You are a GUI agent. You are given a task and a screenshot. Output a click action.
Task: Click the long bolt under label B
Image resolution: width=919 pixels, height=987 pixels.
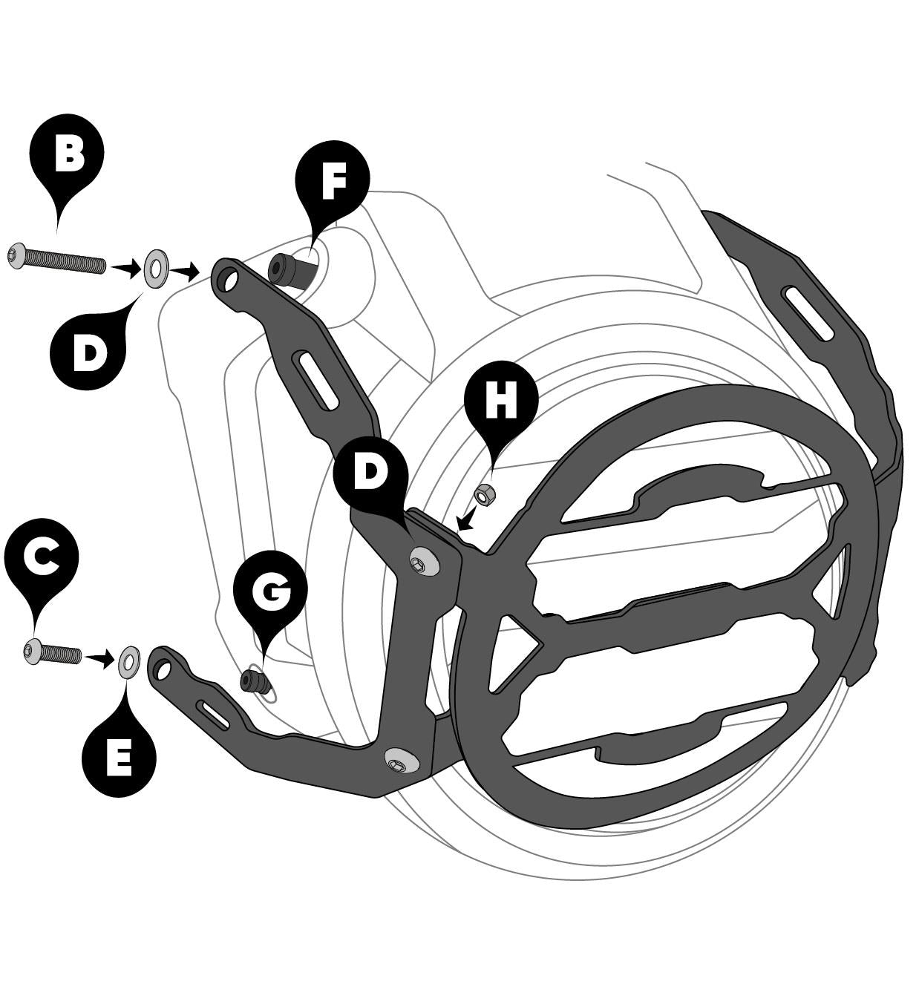click(56, 260)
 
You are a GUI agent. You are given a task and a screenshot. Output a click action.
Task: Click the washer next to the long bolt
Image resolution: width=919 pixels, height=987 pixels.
click(156, 269)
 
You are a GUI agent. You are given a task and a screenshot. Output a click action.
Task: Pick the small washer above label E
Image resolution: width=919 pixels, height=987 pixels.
click(129, 660)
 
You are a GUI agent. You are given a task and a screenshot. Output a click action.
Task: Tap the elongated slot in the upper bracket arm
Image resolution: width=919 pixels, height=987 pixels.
click(315, 381)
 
